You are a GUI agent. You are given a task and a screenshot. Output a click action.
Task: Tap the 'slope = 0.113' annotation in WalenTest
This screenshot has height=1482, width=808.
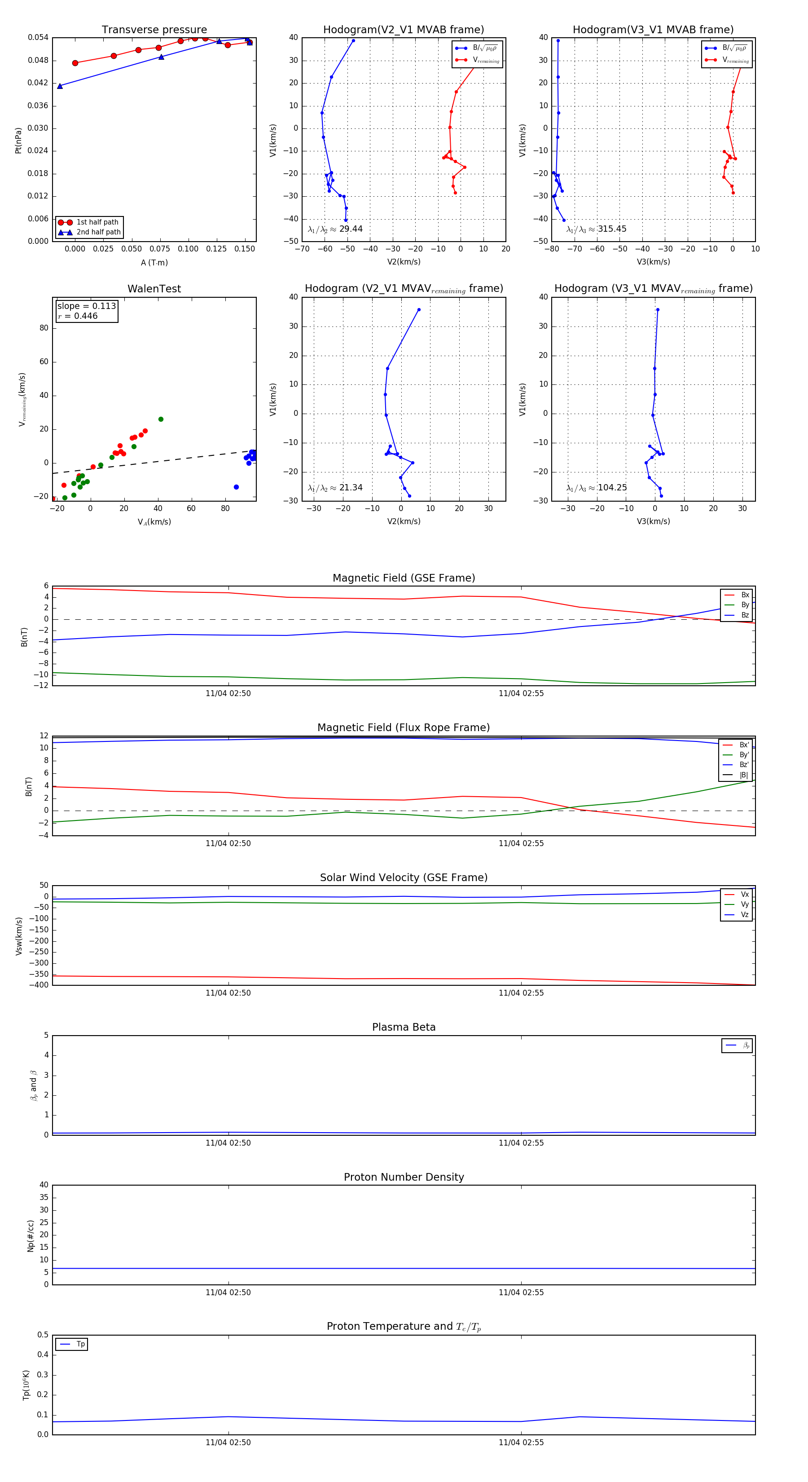pyautogui.click(x=86, y=306)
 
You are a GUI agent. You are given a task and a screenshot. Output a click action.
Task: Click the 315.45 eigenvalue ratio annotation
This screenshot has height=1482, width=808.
pyautogui.click(x=612, y=229)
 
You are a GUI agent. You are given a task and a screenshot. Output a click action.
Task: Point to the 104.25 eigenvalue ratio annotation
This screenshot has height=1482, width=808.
pyautogui.click(x=612, y=488)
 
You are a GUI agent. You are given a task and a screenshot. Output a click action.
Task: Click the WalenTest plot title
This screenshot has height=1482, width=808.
pyautogui.click(x=154, y=289)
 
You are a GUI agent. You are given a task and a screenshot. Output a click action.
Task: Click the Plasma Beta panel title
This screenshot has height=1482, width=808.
pyautogui.click(x=404, y=1028)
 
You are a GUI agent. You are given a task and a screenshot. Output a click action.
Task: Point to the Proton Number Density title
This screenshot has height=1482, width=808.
pyautogui.click(x=404, y=1177)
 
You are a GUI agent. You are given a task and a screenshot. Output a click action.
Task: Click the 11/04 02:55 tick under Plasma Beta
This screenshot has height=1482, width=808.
pyautogui.click(x=521, y=1143)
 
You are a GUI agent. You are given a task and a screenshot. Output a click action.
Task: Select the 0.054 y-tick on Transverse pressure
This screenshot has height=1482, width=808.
pyautogui.click(x=38, y=37)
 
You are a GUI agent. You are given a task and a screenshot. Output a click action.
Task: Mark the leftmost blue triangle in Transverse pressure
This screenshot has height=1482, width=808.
pyautogui.click(x=60, y=86)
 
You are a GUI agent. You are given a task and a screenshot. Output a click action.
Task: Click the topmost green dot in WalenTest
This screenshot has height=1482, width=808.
pyautogui.click(x=161, y=419)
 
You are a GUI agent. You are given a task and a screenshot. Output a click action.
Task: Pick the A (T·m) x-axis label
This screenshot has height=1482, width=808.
pyautogui.click(x=154, y=263)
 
